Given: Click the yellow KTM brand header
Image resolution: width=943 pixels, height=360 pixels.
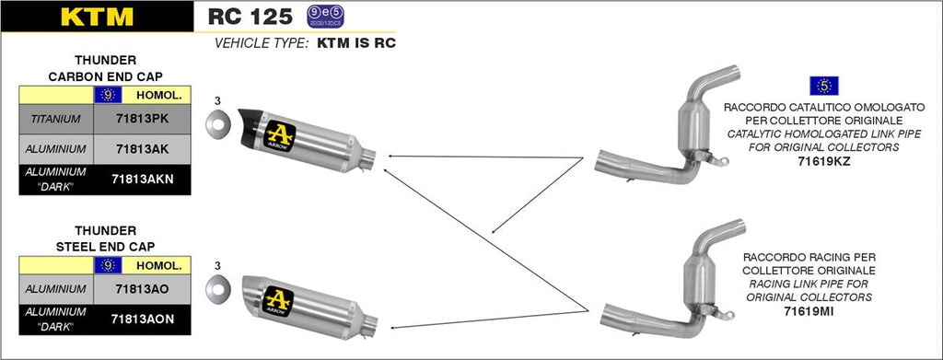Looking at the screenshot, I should point(96,17).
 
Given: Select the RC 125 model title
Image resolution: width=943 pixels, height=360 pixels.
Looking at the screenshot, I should point(250,16).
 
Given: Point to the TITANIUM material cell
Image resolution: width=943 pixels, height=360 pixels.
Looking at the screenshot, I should point(55,119).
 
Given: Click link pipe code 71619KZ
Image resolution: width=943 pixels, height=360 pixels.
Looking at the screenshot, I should point(825,161).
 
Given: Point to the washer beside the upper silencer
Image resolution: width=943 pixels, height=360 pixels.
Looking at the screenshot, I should point(217,122).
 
